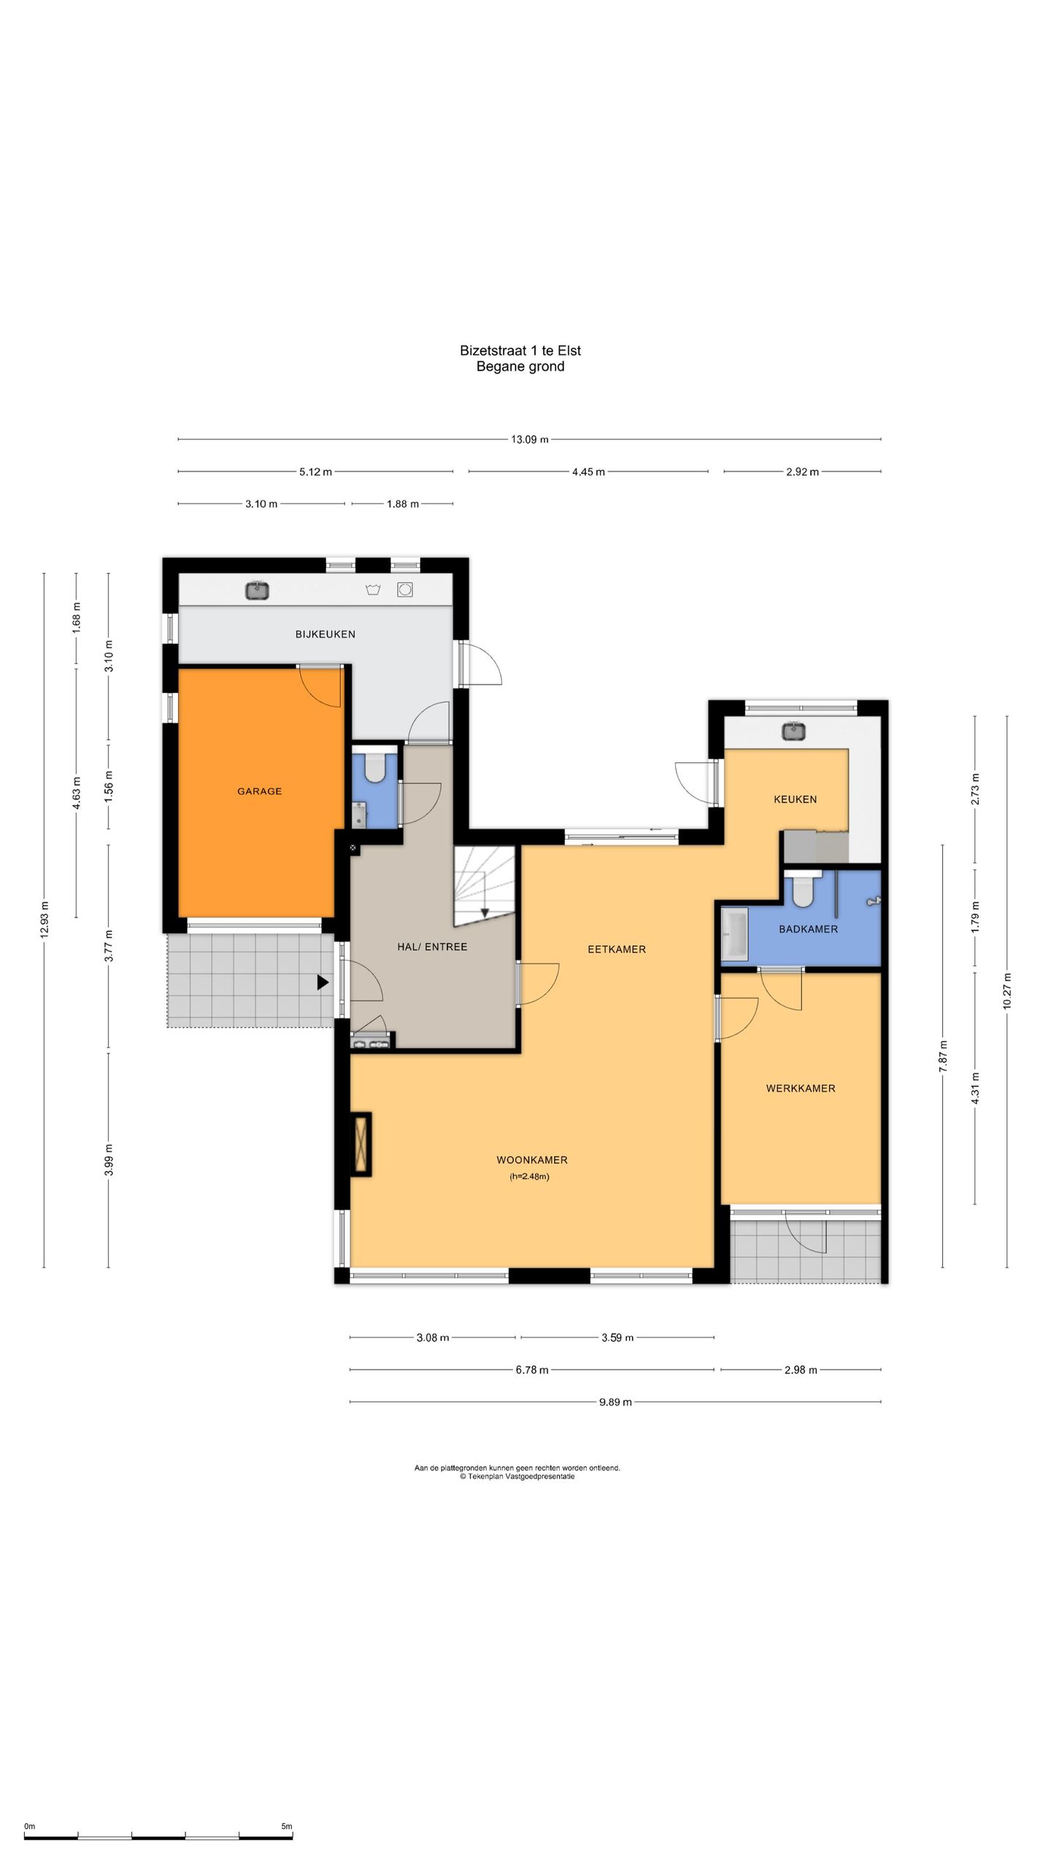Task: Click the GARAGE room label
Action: point(259,791)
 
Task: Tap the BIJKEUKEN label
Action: point(326,634)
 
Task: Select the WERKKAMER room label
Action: point(801,1088)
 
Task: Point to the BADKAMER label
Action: point(809,929)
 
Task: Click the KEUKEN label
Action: point(796,799)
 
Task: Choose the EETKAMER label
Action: point(617,949)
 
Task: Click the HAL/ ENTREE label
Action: point(432,946)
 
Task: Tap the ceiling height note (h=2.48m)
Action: point(529,1176)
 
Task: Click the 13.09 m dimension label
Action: point(529,440)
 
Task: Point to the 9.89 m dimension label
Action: point(615,1402)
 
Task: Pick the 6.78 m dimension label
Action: point(532,1370)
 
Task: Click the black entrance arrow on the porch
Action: point(323,983)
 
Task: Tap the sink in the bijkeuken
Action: point(258,590)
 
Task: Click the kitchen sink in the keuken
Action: point(793,730)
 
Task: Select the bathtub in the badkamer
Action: point(734,934)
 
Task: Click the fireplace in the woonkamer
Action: point(361,1144)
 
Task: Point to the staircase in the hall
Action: point(485,886)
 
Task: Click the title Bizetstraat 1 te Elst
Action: point(520,350)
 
